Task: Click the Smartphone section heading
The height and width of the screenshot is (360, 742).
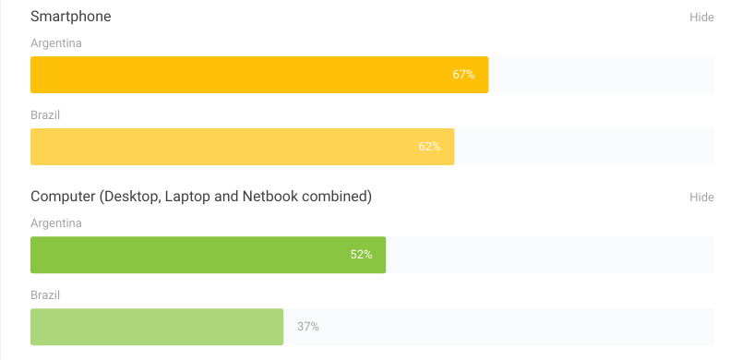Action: (x=71, y=17)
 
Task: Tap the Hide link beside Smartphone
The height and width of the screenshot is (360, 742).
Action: (x=701, y=18)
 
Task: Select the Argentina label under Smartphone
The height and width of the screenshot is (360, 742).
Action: (x=56, y=43)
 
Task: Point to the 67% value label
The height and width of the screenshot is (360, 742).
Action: (x=463, y=75)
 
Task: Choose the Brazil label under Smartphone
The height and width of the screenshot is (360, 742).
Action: (x=45, y=115)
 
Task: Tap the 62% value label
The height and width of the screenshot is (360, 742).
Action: (x=429, y=147)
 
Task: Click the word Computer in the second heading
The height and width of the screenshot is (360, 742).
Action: (x=63, y=197)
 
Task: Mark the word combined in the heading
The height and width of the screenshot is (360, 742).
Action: (x=336, y=197)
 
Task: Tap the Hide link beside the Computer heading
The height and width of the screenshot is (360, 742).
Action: (x=701, y=198)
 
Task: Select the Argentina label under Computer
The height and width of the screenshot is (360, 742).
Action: (x=56, y=223)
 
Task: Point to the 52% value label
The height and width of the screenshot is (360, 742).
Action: (x=361, y=255)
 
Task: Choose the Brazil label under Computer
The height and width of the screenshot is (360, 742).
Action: (x=45, y=295)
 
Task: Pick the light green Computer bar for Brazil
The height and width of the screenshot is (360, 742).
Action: (x=157, y=327)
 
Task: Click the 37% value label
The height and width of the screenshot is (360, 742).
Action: (x=308, y=327)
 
